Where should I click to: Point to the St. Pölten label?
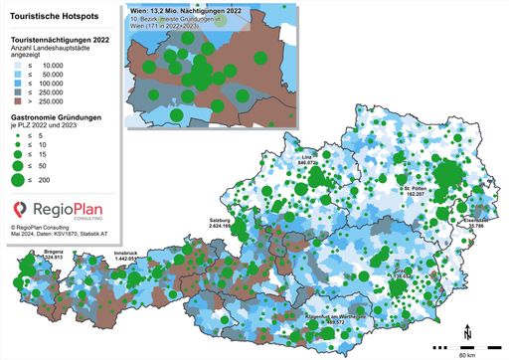tap(416, 187)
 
